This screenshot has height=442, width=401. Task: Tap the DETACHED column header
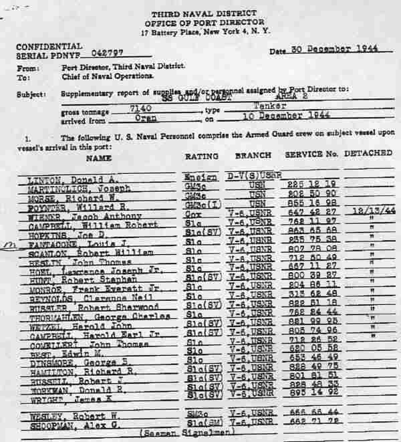(368, 153)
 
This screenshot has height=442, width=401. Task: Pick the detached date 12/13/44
(366, 209)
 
